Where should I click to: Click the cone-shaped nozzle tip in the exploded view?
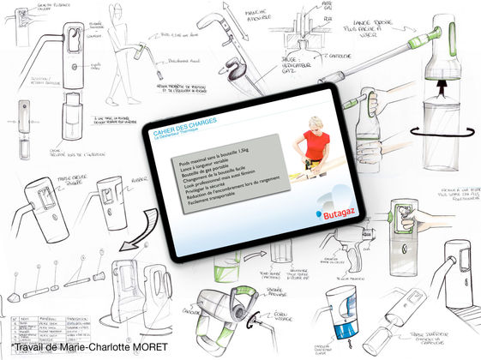click(15, 296)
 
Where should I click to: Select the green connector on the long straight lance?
click(427, 41)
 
